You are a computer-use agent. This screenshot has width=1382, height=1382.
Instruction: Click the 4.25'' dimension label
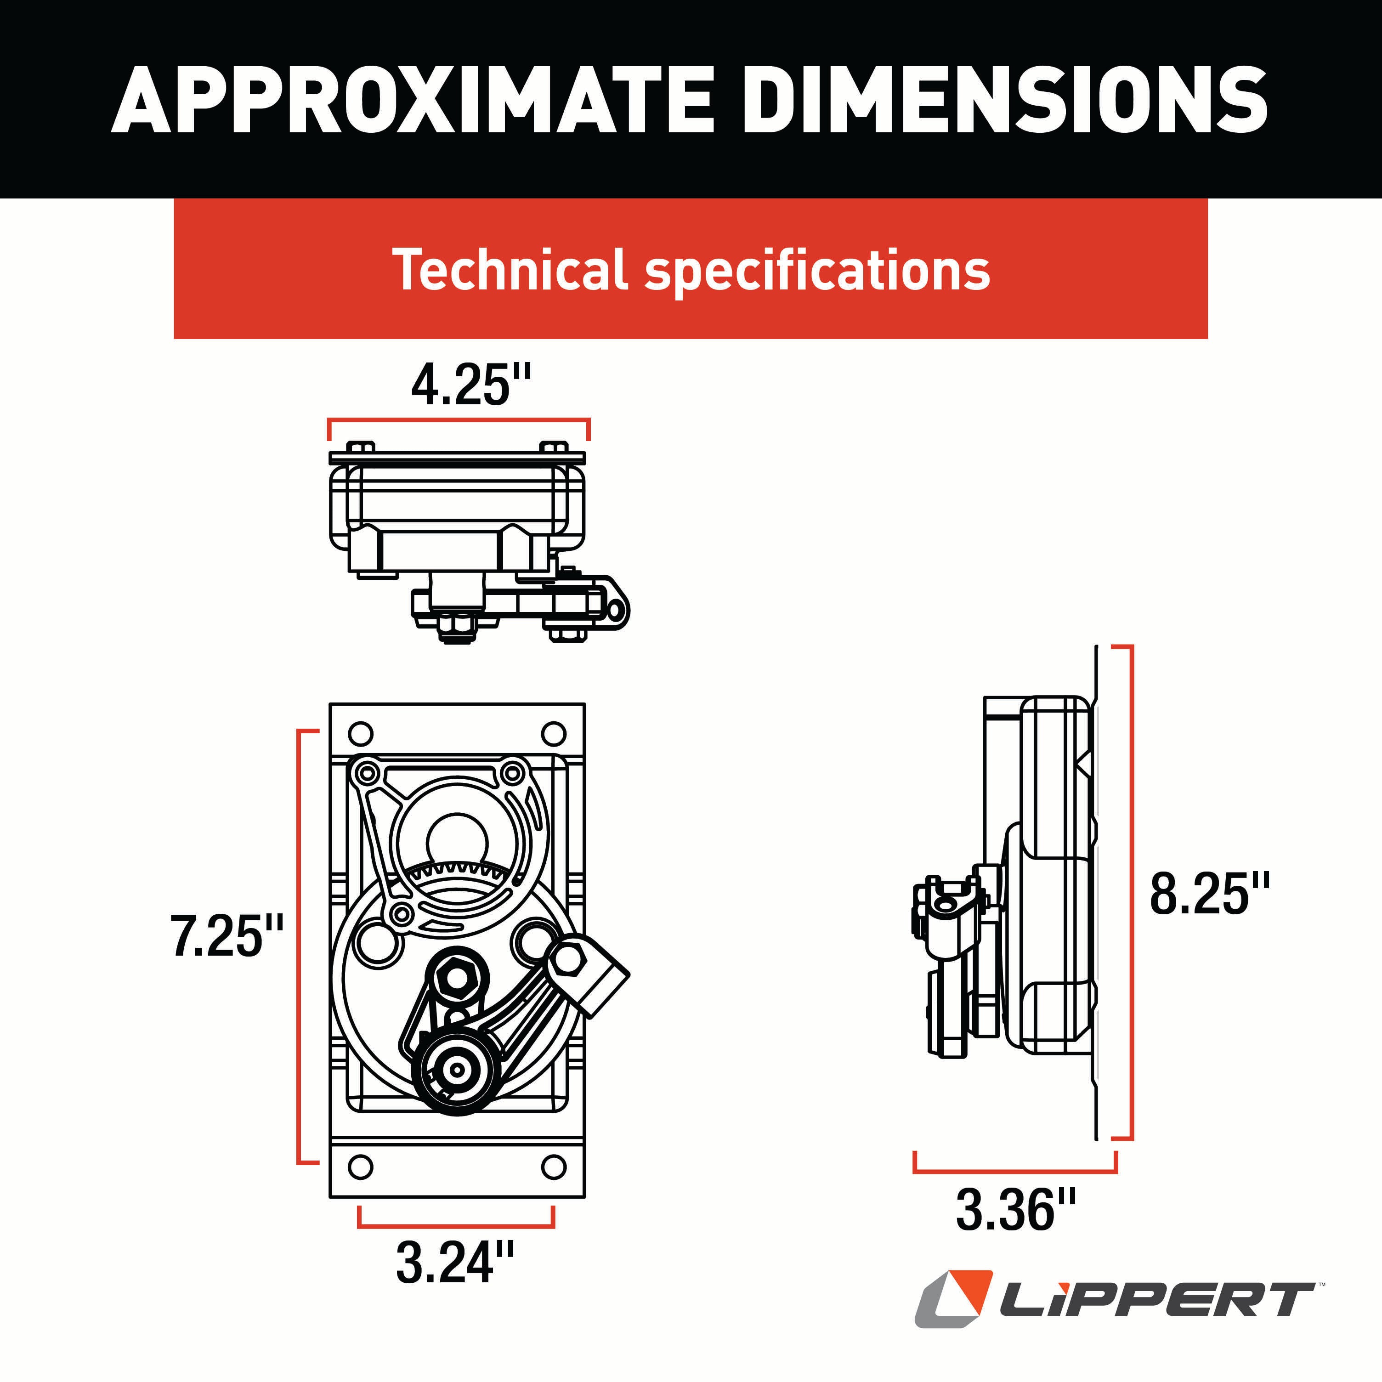[x=471, y=385]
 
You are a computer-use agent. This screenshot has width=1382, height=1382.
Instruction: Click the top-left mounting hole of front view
[x=361, y=734]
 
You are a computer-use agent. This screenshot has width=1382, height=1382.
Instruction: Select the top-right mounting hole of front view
[x=554, y=734]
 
